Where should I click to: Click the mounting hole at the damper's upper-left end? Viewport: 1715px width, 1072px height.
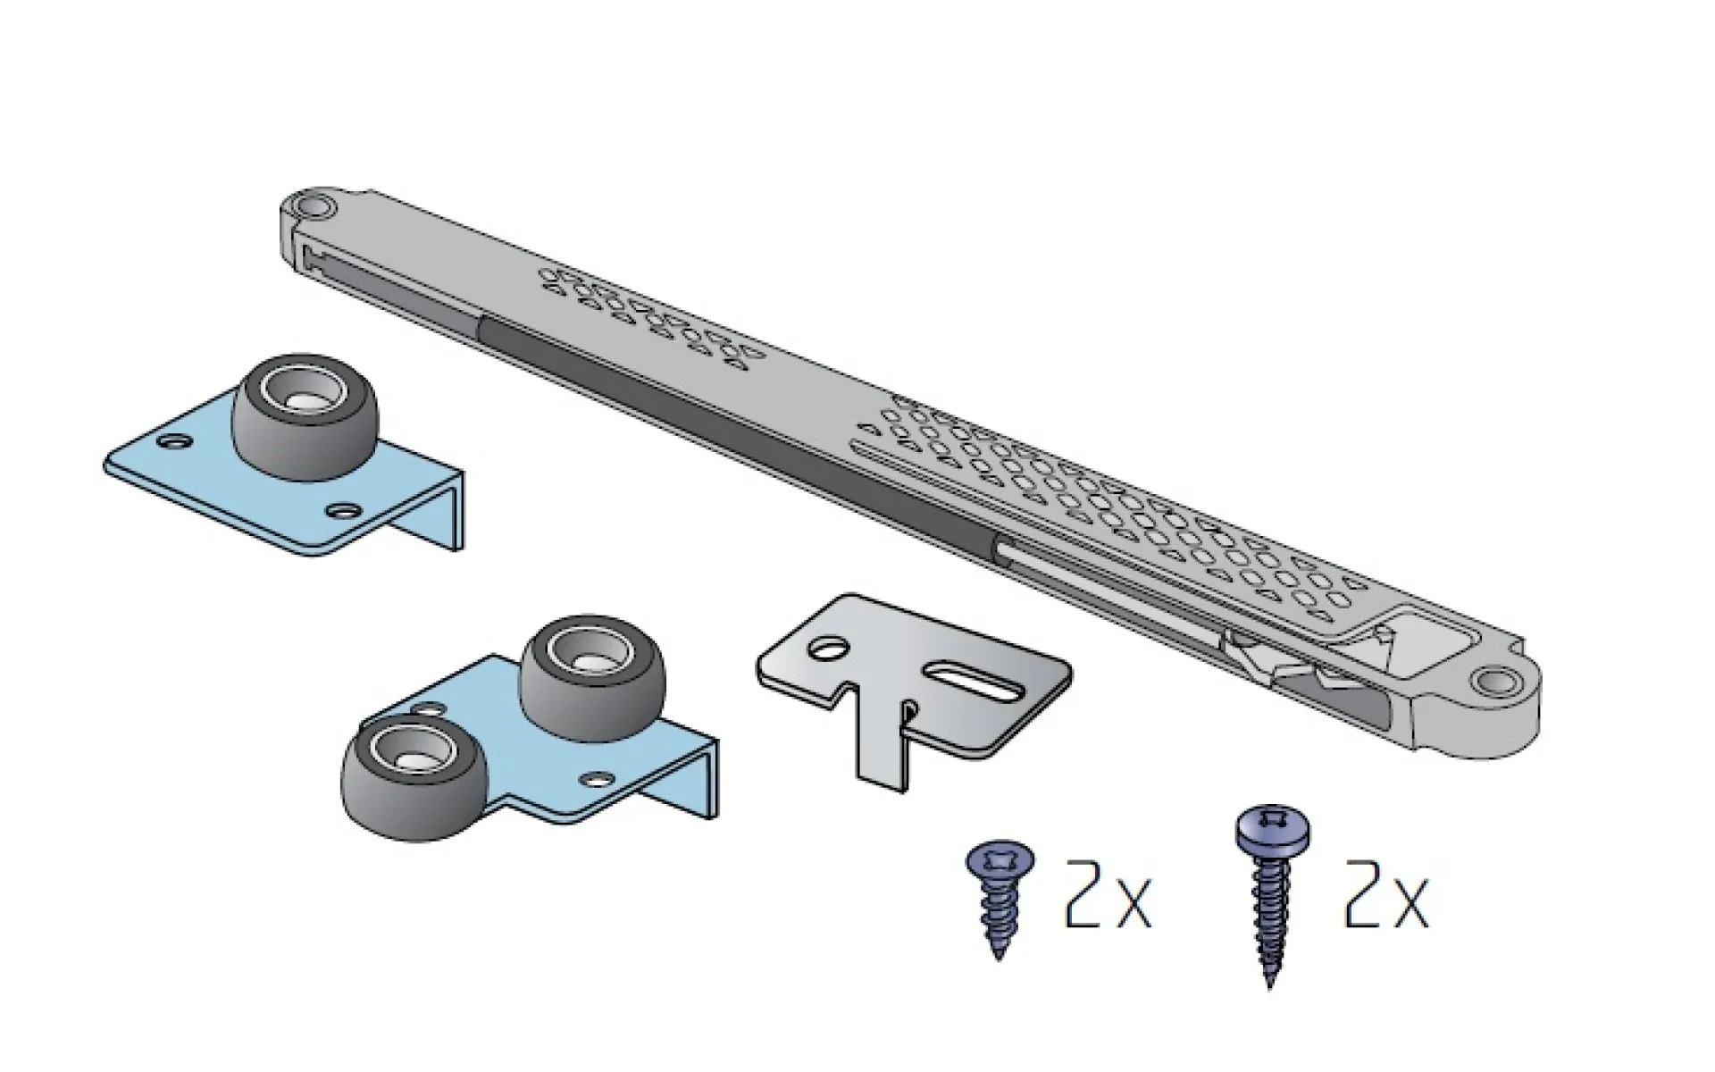314,208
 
